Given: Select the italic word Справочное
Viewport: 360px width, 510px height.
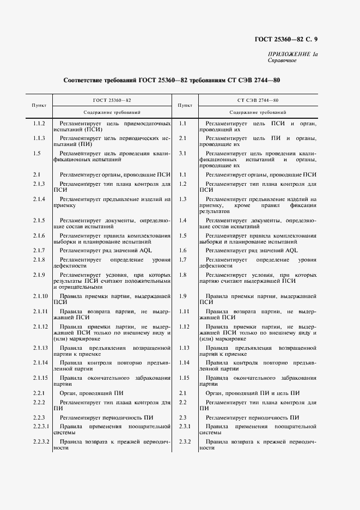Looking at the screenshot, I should pos(282,60).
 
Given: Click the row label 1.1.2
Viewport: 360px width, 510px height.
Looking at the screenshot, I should pos(39,124).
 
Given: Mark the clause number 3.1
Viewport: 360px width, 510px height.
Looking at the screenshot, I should pos(183,153).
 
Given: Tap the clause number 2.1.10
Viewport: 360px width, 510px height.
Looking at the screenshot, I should pos(40,296).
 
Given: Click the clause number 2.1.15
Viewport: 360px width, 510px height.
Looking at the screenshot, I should pos(40,378).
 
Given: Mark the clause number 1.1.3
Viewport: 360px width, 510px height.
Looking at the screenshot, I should pos(39,138).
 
